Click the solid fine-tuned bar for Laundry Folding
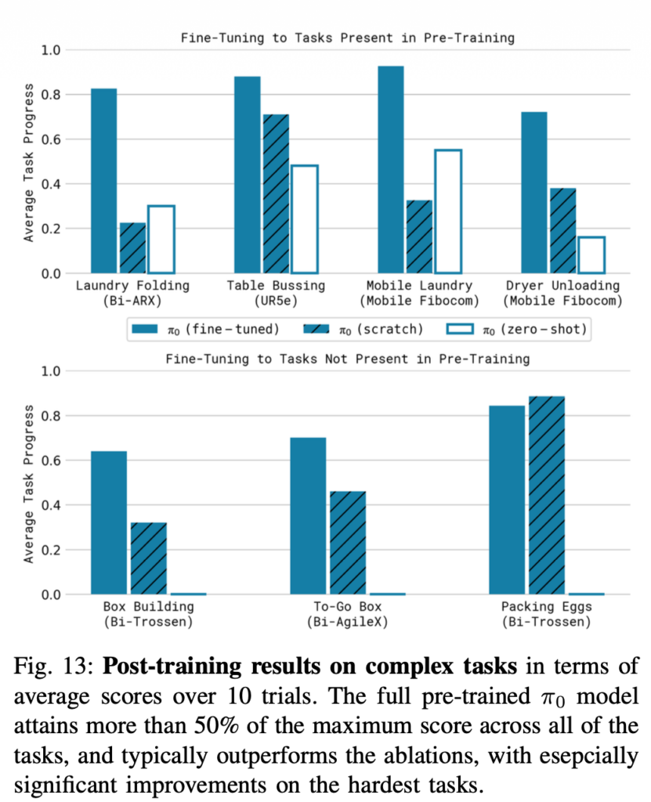pos(104,181)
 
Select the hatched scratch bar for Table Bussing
pos(276,193)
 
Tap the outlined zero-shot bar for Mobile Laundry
pos(448,211)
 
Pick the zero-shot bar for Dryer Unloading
pos(591,255)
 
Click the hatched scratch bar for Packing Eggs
pos(547,495)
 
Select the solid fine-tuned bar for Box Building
pos(109,522)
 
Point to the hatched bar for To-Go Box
pos(348,543)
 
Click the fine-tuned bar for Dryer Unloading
pos(533,193)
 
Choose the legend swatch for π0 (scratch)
pos(316,328)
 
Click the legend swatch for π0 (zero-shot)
pos(460,328)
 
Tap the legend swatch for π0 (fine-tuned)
pos(145,328)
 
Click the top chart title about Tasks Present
pos(348,38)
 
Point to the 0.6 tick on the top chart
pos(51,139)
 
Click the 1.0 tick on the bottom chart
pos(51,370)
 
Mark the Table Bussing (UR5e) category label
pos(276,293)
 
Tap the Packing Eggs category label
pos(547,614)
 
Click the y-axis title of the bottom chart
pos(29,484)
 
